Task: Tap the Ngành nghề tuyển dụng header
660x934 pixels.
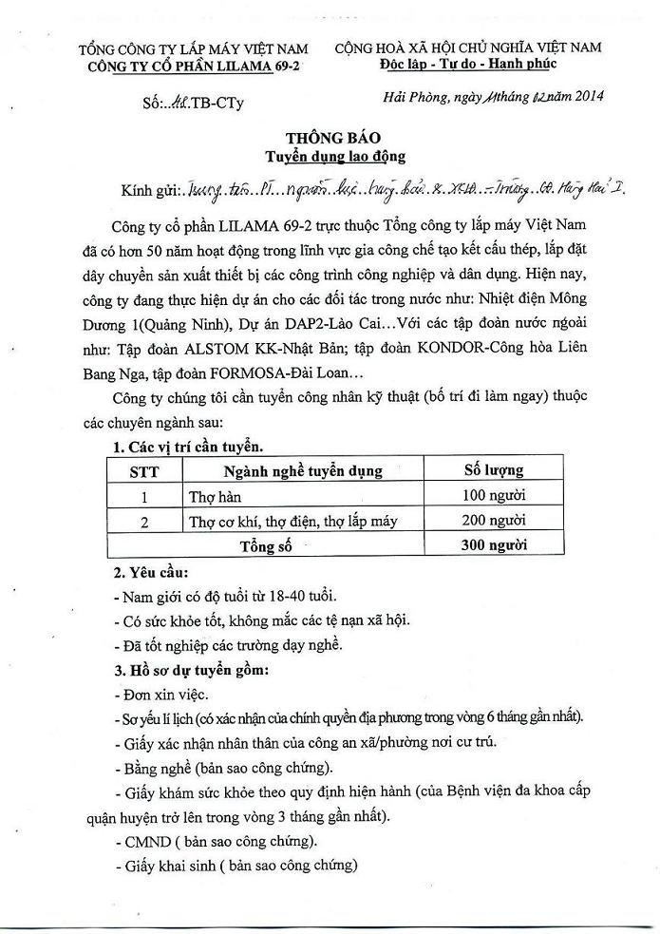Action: click(x=303, y=471)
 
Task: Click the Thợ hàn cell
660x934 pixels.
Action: click(x=211, y=496)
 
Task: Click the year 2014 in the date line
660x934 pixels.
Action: click(x=584, y=95)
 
